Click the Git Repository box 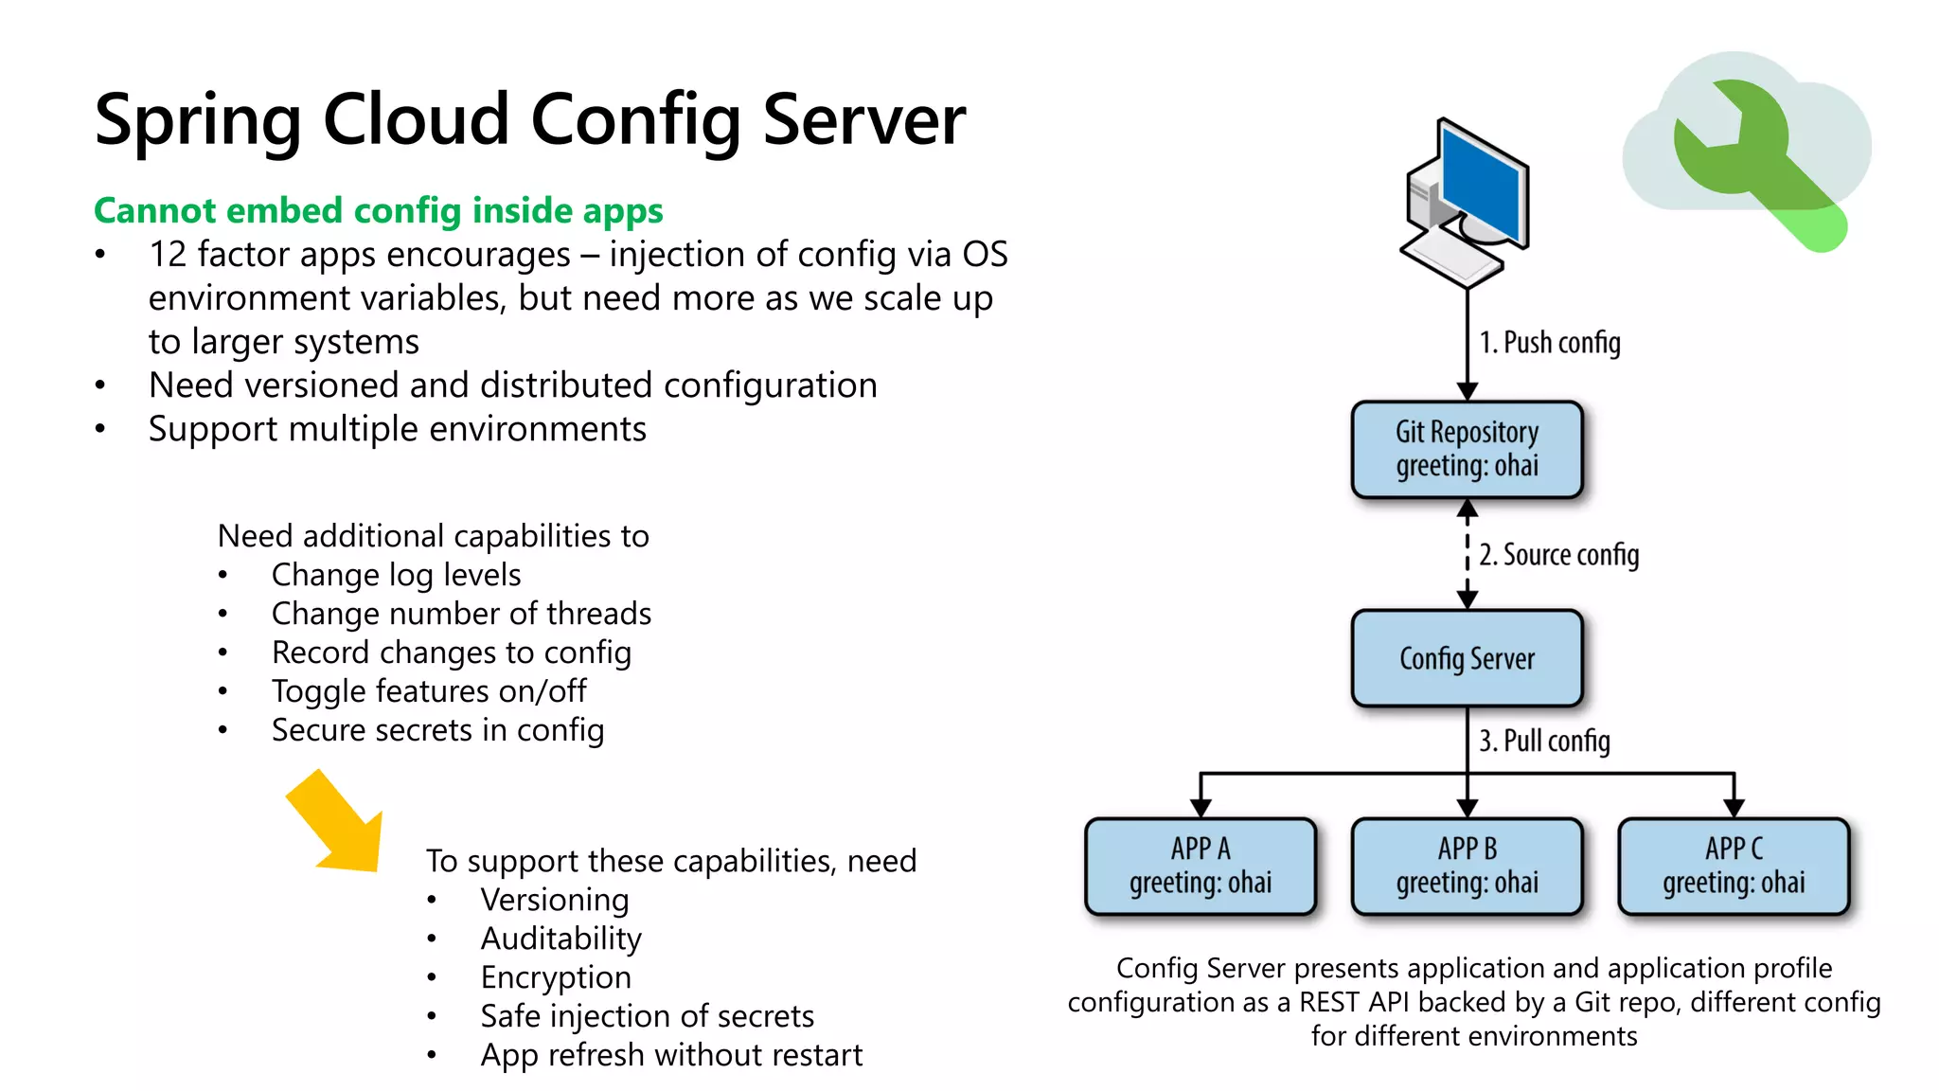tap(1467, 450)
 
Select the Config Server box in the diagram tap(1467, 658)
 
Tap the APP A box tap(1200, 866)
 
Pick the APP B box tap(1467, 866)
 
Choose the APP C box tap(1734, 866)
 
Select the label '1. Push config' tap(1550, 343)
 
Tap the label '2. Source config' tap(1558, 555)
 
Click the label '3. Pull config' tap(1544, 741)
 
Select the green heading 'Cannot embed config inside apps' tap(379, 210)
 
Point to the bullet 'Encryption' tap(556, 977)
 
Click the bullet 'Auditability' tap(560, 939)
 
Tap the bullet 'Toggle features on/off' tap(428, 691)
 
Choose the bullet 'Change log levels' tap(396, 575)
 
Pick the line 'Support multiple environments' tap(397, 429)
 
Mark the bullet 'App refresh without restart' tap(671, 1055)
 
